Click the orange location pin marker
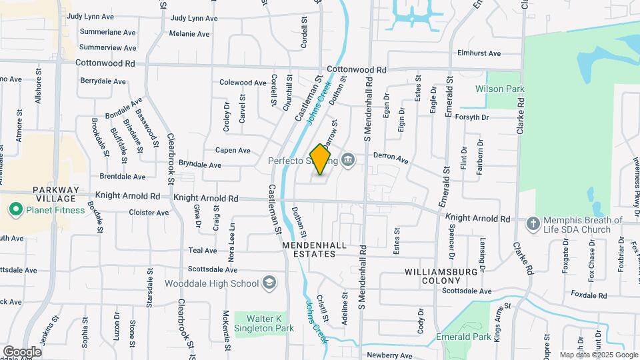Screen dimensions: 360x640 click(321, 159)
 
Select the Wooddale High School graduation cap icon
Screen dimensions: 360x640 click(269, 283)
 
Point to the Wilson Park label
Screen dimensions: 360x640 click(499, 89)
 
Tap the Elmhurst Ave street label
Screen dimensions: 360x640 click(479, 53)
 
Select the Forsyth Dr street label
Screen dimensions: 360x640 click(471, 117)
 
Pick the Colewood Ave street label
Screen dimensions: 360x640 click(243, 83)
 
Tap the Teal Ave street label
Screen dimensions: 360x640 click(203, 251)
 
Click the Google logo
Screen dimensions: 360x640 click(22, 351)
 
